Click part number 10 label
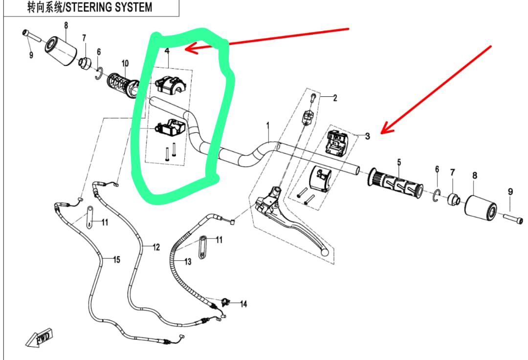125,63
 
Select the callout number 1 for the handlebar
268,126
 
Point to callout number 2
335,98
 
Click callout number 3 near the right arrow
368,136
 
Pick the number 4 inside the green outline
167,51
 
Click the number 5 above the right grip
399,162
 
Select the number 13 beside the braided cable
188,262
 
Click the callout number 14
243,304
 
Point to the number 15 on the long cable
116,259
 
